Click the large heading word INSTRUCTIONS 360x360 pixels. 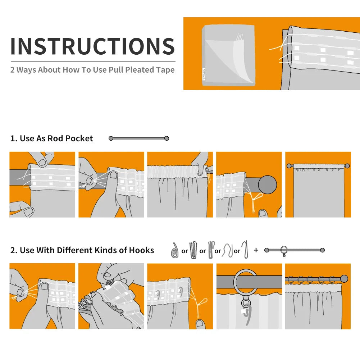pos(93,46)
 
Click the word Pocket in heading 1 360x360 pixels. pos(79,138)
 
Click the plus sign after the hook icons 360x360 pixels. pos(256,250)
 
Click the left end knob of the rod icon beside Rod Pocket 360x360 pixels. pos(111,138)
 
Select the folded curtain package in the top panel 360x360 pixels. pos(228,55)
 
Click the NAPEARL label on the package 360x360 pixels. pos(204,74)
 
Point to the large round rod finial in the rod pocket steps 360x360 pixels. pos(268,184)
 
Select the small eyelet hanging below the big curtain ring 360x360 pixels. pos(246,303)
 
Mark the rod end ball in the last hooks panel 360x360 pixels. pos(344,279)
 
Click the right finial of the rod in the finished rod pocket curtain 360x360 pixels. pos(347,166)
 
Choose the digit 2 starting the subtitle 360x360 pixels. pos(12,70)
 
